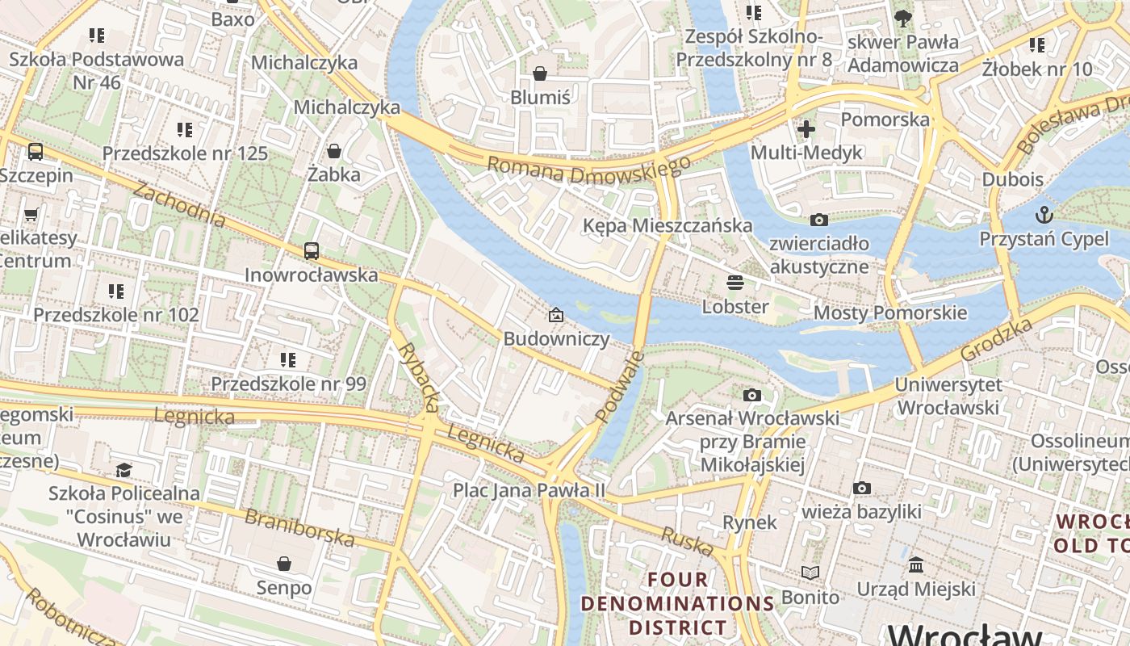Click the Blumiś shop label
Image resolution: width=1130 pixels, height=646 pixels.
click(x=540, y=97)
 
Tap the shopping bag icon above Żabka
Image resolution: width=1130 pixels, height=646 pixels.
click(x=333, y=151)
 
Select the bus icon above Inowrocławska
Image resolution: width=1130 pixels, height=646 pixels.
click(x=312, y=251)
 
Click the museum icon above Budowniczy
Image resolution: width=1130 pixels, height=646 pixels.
click(x=555, y=315)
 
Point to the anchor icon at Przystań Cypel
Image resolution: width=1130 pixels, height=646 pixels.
click(x=1044, y=215)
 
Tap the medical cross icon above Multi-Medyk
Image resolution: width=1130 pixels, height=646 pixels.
click(x=806, y=128)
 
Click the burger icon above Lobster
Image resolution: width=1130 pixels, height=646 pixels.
click(x=734, y=283)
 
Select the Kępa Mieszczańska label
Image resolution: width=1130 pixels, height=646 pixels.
click(x=668, y=225)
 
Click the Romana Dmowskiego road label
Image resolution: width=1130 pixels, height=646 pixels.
click(x=588, y=170)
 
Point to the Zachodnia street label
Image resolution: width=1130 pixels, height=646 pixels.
click(x=178, y=204)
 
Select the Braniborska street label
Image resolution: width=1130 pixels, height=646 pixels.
click(x=299, y=526)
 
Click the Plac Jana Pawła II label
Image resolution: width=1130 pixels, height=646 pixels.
click(x=529, y=490)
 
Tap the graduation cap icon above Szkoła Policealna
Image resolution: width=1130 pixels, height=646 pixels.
click(x=123, y=470)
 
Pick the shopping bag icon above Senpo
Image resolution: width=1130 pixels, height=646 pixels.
click(x=283, y=563)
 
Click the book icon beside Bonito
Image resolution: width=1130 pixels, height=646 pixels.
click(x=810, y=573)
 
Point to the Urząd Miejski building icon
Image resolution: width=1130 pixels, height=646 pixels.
click(x=916, y=565)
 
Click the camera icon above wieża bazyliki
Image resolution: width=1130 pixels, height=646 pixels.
click(x=861, y=488)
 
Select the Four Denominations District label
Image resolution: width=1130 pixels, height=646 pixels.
click(x=678, y=603)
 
